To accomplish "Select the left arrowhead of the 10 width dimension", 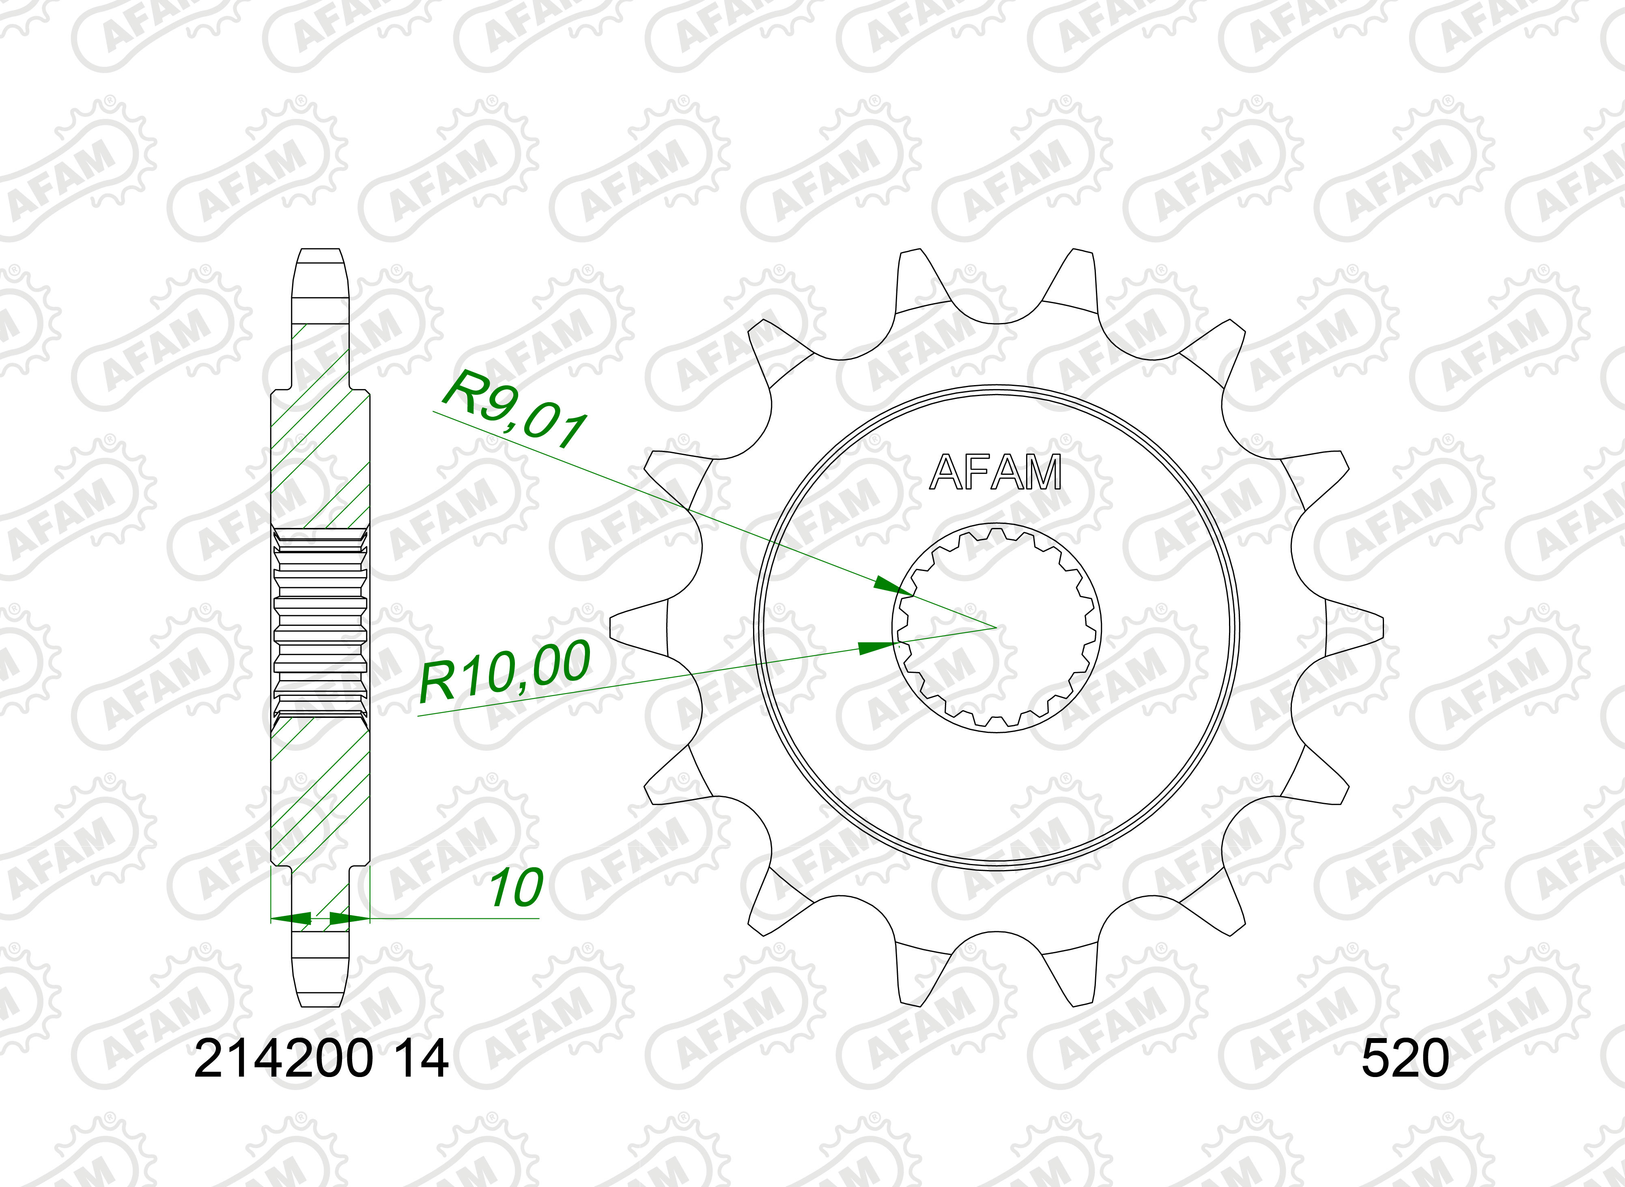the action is point(291,918).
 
